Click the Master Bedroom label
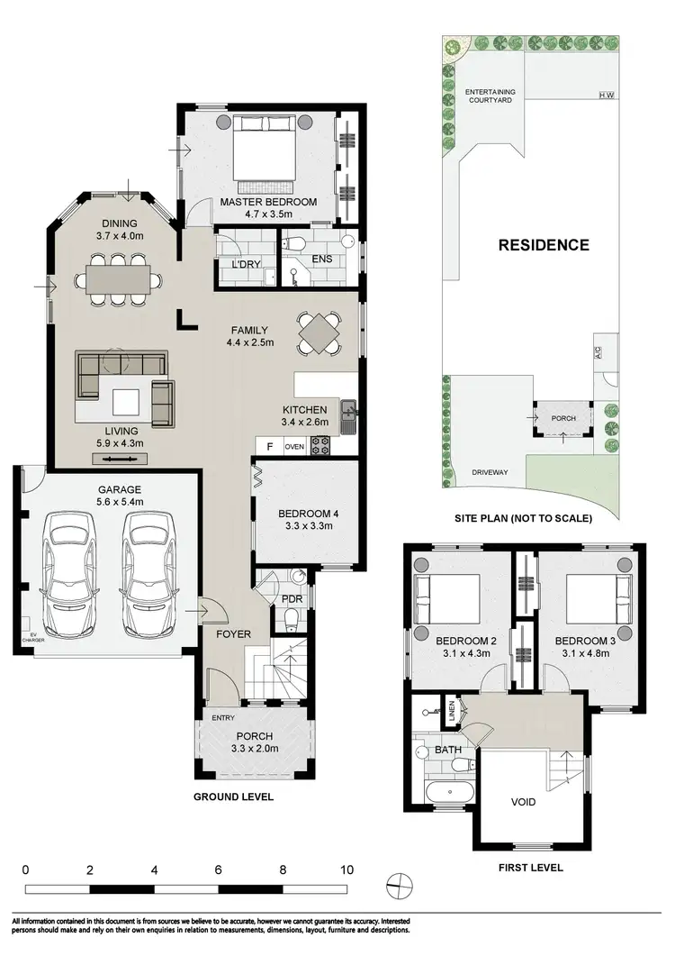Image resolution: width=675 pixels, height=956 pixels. [268, 203]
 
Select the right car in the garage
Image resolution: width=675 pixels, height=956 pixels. [148, 574]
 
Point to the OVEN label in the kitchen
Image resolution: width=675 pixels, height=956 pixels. [294, 446]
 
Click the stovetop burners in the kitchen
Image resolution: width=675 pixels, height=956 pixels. [320, 446]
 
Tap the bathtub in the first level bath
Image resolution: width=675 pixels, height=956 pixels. [446, 793]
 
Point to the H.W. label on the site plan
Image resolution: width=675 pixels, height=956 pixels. [606, 96]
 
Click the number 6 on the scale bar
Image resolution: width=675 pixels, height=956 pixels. [219, 870]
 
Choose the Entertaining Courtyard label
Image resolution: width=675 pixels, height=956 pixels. [489, 96]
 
